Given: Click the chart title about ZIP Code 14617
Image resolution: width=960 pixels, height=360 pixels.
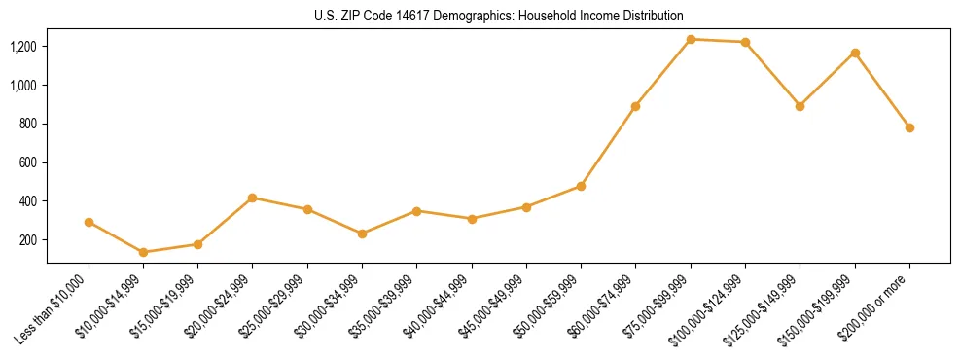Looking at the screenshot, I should point(499,16).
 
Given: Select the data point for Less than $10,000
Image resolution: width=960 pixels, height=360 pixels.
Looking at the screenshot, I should point(89,222).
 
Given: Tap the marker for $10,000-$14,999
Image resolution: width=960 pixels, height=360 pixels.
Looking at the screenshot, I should point(144,252).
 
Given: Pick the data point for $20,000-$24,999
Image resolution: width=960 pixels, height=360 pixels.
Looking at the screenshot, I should point(253,198).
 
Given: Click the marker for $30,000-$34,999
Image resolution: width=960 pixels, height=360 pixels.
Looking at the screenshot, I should point(362,234).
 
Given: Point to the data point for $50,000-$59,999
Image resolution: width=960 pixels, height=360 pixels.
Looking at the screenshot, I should point(581,186).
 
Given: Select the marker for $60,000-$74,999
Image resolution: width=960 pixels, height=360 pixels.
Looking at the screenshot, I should point(635,106).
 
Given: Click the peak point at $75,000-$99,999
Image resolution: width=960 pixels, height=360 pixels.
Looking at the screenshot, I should point(691,39).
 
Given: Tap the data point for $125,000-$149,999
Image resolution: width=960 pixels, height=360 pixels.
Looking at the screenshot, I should point(800,106).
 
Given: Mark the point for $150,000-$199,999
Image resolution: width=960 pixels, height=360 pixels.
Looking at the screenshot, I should point(855,53).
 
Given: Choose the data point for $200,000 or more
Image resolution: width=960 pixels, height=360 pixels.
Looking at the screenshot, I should point(909,127).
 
